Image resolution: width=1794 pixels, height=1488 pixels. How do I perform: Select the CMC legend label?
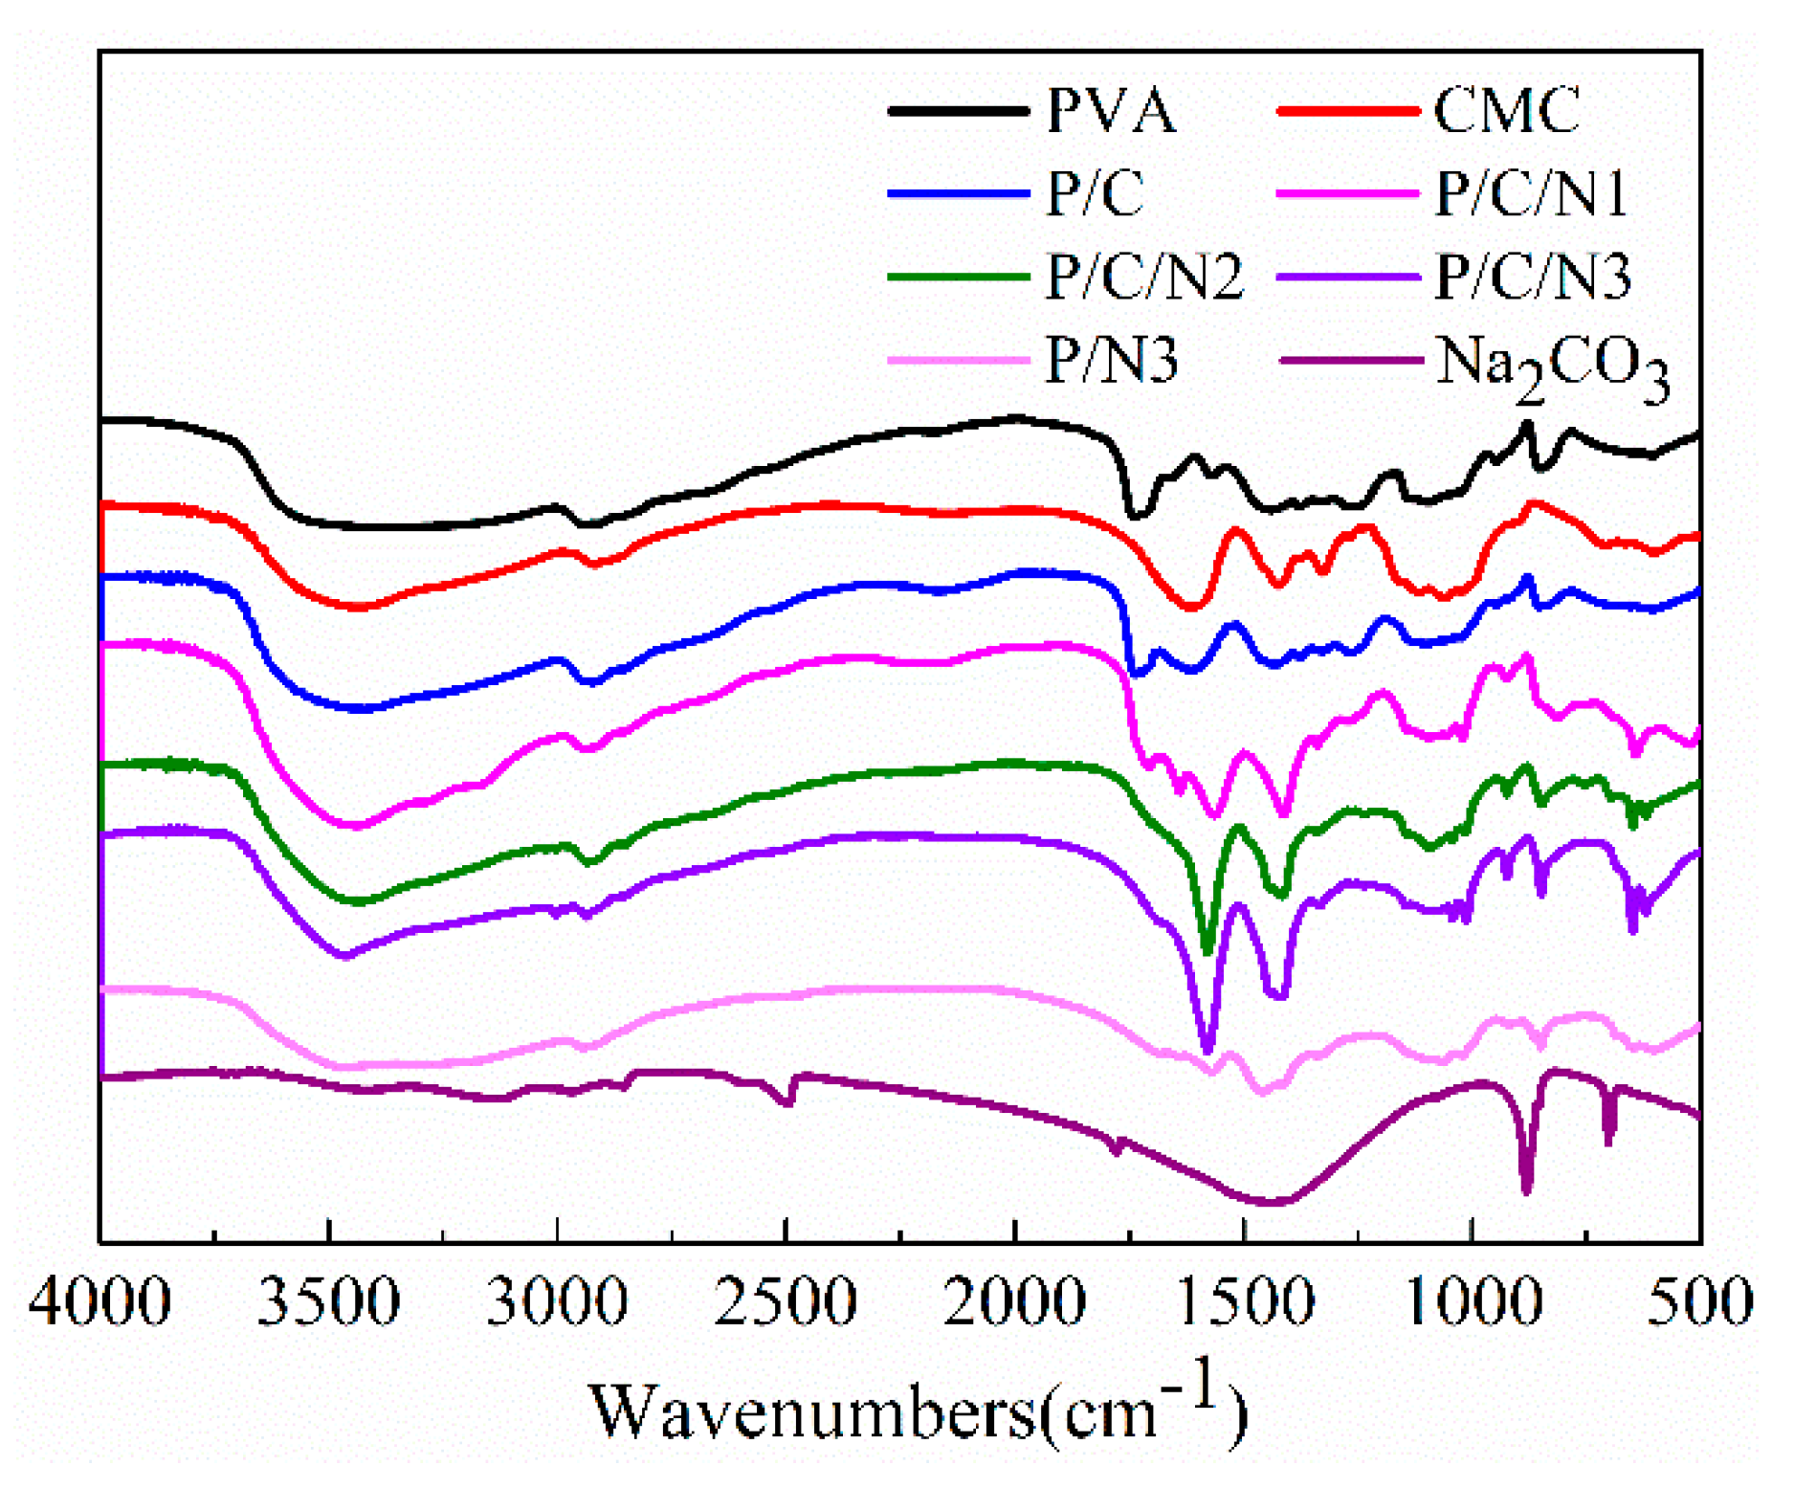point(1507,111)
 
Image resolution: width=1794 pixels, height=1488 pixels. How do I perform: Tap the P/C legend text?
point(1095,194)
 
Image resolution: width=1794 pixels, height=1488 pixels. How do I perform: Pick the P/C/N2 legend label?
point(1144,278)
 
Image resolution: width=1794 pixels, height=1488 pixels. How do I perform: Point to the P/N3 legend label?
point(1111,361)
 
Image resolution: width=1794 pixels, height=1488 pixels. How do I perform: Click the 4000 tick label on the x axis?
point(100,1302)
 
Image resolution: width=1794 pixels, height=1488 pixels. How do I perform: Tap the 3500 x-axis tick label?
point(328,1302)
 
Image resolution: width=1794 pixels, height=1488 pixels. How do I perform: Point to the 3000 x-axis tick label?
point(557,1302)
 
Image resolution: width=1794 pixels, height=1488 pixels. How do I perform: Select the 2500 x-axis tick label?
point(786,1302)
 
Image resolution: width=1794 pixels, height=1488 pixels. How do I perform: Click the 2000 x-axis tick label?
point(1014,1302)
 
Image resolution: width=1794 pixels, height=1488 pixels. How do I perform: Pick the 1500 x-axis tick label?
point(1243,1302)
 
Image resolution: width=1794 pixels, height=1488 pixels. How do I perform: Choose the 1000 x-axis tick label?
point(1472,1302)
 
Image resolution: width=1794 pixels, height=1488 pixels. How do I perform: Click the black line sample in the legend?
point(958,111)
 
